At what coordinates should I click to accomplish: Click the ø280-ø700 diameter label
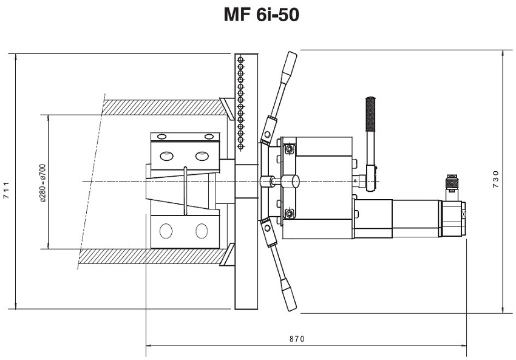(42, 182)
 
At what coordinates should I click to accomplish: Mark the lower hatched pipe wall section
(152, 257)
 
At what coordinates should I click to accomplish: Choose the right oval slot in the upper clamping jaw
(202, 155)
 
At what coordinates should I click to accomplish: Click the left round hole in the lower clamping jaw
(166, 231)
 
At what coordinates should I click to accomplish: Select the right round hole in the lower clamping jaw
(202, 231)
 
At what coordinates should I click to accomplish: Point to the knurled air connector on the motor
(452, 182)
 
